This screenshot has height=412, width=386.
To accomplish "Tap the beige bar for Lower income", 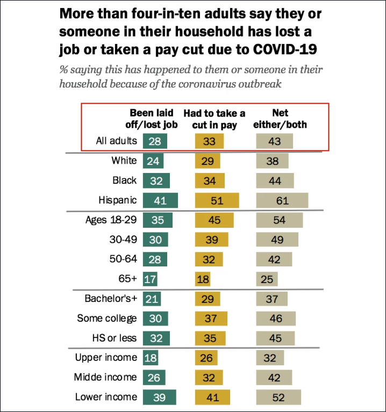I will point(278,397).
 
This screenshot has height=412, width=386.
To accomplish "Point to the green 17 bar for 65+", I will point(151,279).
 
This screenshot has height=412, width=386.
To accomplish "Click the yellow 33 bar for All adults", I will point(209,141).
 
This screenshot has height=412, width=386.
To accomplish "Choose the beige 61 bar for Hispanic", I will point(282,200).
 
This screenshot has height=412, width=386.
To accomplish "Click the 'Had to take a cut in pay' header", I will point(214,119).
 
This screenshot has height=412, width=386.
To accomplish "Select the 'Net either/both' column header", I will point(280,119).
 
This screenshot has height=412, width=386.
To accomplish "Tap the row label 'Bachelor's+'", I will point(111,299).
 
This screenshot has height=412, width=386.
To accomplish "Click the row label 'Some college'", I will point(107,318).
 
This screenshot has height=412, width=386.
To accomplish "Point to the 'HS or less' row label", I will point(113,338).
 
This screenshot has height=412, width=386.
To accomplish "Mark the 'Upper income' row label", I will point(106,357).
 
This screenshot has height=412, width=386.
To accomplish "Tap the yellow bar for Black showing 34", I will point(210,180).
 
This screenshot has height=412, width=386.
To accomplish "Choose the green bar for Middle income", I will point(154,377).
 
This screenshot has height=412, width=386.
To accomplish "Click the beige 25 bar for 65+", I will point(267,279).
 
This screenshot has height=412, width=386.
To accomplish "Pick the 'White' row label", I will point(124,160).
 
